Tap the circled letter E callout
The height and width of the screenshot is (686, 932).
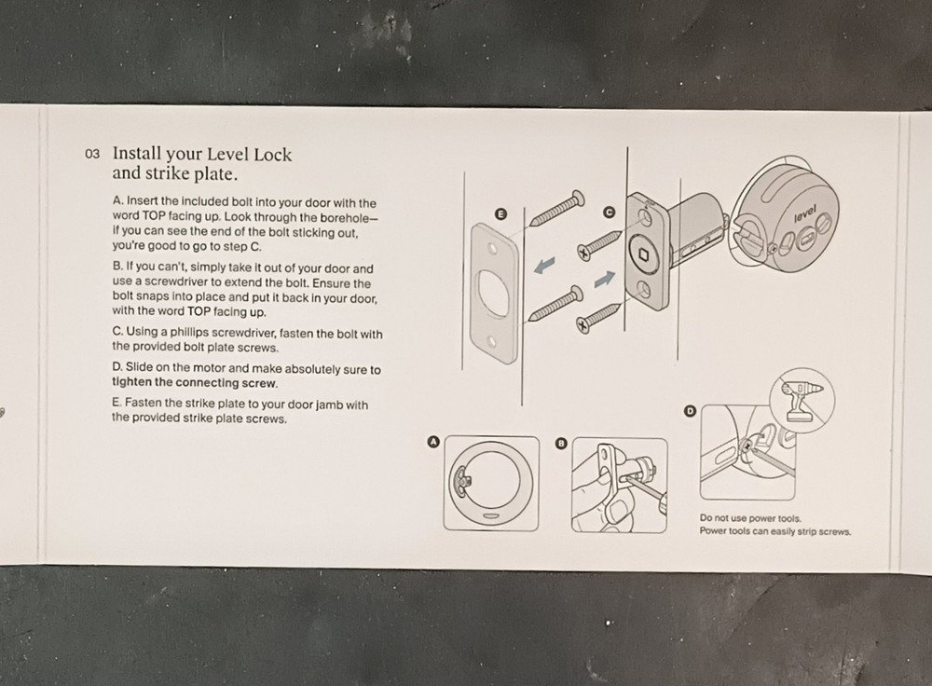tap(501, 213)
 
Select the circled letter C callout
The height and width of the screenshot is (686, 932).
tap(610, 213)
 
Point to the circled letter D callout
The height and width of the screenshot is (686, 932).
tap(690, 410)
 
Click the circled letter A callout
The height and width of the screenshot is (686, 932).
tap(432, 443)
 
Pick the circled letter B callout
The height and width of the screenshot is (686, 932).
tap(560, 444)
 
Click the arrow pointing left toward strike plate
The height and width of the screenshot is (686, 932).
tap(543, 268)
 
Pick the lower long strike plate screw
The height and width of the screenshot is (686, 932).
tap(555, 304)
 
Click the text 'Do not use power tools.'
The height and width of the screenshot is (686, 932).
tap(750, 518)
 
